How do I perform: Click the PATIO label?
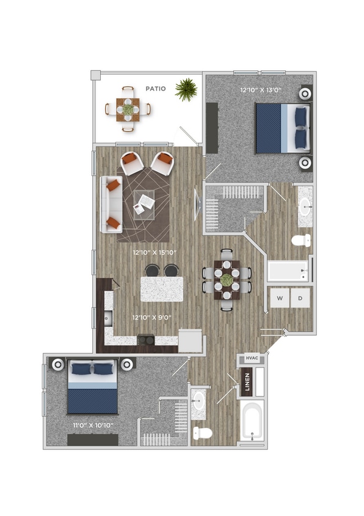pyautogui.click(x=156, y=89)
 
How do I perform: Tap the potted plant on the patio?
pyautogui.click(x=186, y=90)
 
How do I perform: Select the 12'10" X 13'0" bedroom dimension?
pyautogui.click(x=257, y=90)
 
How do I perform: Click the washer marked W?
pyautogui.click(x=280, y=298)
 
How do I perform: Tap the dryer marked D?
pyautogui.click(x=300, y=298)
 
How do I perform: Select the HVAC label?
pyautogui.click(x=251, y=359)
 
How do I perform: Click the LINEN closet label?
pyautogui.click(x=247, y=382)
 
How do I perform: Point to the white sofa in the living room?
pyautogui.click(x=110, y=204)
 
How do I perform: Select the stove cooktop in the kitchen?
pyautogui.click(x=145, y=339)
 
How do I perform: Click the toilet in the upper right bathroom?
pyautogui.click(x=301, y=240)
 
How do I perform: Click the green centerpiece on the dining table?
pyautogui.click(x=227, y=280)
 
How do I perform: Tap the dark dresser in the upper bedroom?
pyautogui.click(x=212, y=128)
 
